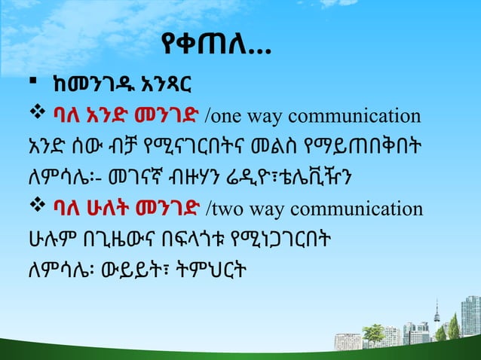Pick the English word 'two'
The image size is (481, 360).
coord(229,210)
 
